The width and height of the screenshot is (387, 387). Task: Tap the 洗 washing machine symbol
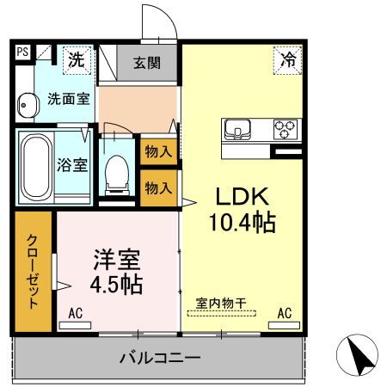(x=77, y=60)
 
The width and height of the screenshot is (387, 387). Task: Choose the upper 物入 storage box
(x=159, y=151)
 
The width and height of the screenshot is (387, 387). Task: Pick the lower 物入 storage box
(x=159, y=187)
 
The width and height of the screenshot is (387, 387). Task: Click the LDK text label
(x=241, y=195)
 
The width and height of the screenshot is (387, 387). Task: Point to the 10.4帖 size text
(x=241, y=224)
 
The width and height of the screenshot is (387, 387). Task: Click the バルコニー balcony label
(x=161, y=357)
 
